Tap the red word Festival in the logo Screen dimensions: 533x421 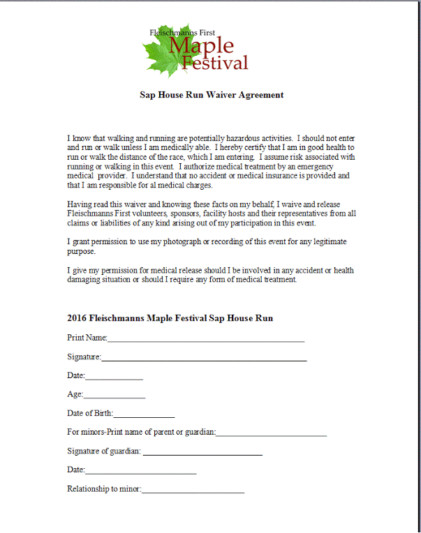(214, 63)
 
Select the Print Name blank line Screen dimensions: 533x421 (206, 340)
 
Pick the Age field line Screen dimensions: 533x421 (115, 396)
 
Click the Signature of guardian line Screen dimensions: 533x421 (202, 453)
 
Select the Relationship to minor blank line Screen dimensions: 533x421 (193, 491)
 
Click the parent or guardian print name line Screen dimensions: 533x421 (272, 435)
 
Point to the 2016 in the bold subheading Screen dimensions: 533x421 (77, 318)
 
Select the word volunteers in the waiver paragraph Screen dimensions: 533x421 (142, 213)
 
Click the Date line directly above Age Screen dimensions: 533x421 (114, 377)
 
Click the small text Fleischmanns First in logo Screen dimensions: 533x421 (182, 33)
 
